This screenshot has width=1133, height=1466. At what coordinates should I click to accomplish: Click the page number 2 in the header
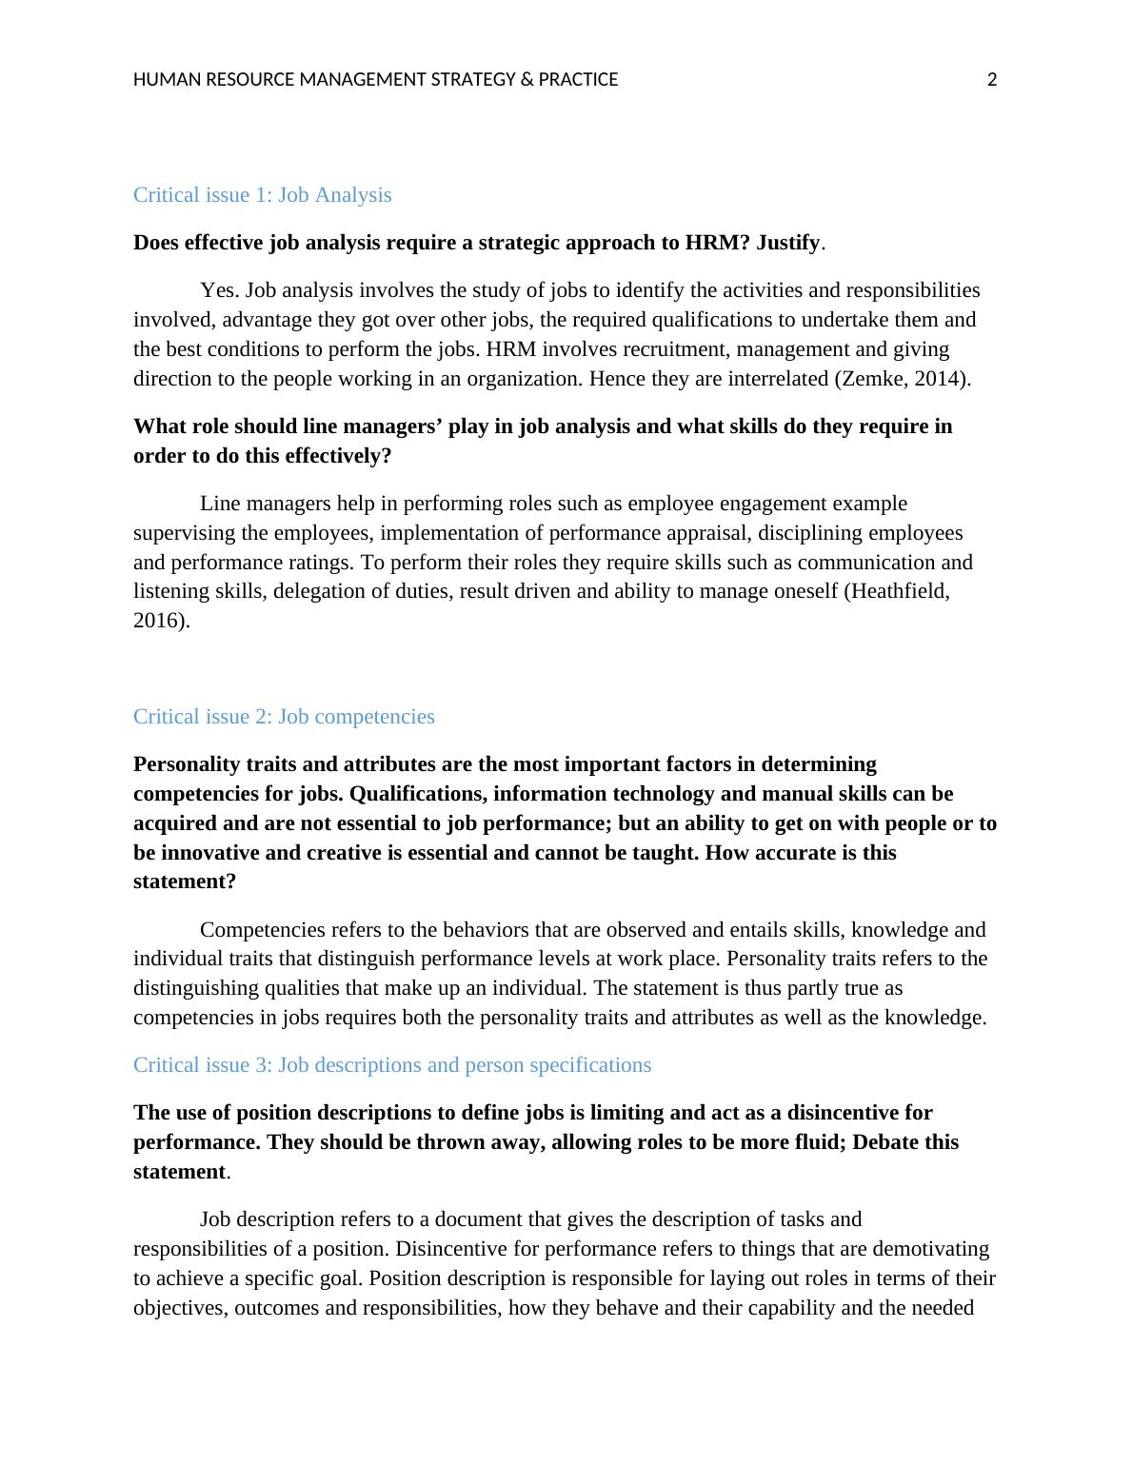pyautogui.click(x=991, y=80)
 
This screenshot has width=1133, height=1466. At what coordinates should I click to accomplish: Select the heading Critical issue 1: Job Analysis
pyautogui.click(x=262, y=195)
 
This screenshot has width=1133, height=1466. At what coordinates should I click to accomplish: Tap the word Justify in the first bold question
pyautogui.click(x=787, y=243)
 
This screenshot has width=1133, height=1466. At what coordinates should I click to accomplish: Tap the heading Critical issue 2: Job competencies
pyautogui.click(x=284, y=717)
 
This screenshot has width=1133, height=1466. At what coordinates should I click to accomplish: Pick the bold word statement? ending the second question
pyautogui.click(x=185, y=882)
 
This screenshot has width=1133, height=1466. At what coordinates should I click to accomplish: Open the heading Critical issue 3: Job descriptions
pyautogui.click(x=392, y=1065)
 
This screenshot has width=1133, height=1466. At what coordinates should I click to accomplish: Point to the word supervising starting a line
pyautogui.click(x=177, y=533)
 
